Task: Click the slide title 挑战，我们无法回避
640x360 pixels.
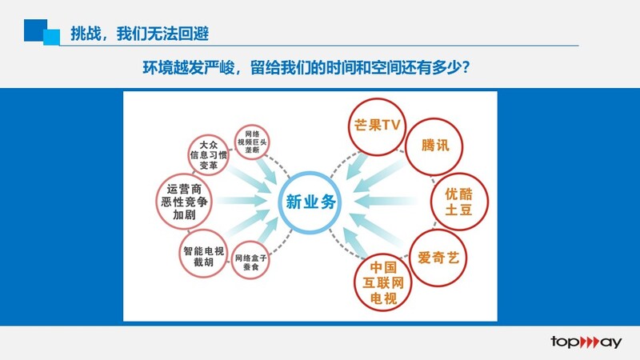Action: pos(139,34)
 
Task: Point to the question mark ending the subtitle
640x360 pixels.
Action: pos(466,67)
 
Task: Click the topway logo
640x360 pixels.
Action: pos(586,342)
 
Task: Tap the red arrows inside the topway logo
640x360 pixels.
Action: pos(590,342)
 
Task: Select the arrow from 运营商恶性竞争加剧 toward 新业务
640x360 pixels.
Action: pos(242,201)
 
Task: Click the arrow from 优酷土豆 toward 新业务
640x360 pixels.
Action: pos(386,202)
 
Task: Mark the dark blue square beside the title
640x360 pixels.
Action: pos(35,30)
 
